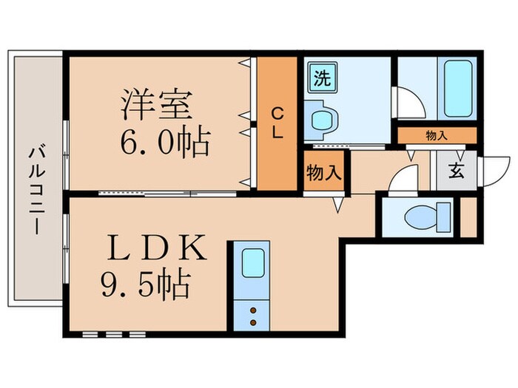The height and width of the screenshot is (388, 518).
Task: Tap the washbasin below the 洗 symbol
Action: click(x=323, y=118)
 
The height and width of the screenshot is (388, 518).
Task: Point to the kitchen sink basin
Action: click(x=253, y=263)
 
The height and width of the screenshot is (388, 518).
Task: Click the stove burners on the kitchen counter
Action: click(x=252, y=316)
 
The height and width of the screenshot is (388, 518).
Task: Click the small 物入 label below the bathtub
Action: click(x=436, y=135)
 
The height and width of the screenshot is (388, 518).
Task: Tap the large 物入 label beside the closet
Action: click(x=324, y=172)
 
